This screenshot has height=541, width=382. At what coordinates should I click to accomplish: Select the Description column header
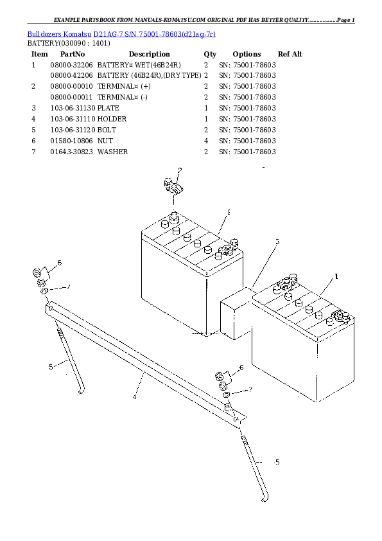point(149,54)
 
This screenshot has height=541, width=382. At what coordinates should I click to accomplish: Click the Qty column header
point(210,54)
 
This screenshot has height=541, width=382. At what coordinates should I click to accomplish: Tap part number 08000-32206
point(71,65)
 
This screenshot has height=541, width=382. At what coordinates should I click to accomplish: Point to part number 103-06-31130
point(73,108)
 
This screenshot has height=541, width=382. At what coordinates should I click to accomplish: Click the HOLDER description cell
point(112,119)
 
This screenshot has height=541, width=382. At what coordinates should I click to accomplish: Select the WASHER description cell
point(112,152)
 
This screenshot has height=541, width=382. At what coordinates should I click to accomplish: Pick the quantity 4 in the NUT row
point(205,141)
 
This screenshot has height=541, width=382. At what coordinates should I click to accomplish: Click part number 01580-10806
point(71,141)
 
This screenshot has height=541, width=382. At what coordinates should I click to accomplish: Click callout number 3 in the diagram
point(277,242)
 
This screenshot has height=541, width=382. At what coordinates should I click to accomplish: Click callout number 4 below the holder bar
point(135,396)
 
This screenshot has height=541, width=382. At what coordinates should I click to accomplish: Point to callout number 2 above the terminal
point(180,170)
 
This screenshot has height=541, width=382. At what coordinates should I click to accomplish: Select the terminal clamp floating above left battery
point(171,187)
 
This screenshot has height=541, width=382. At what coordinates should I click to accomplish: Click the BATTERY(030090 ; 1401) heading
point(68,43)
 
